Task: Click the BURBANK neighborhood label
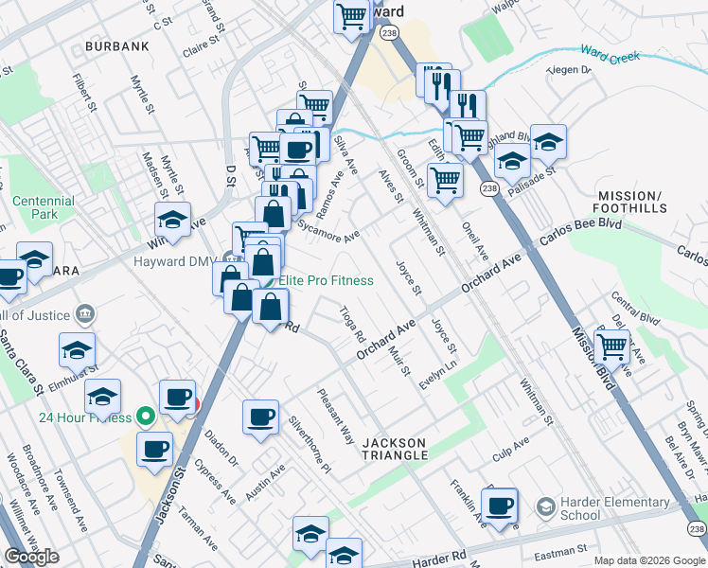[117, 45]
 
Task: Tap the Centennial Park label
[44, 208]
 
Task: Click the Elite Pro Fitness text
[324, 280]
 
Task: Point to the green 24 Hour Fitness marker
[145, 415]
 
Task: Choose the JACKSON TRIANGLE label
[406, 449]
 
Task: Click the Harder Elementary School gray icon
[545, 508]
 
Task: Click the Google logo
[32, 557]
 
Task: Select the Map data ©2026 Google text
[649, 560]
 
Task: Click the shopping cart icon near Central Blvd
[612, 346]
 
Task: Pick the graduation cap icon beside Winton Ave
[173, 220]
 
